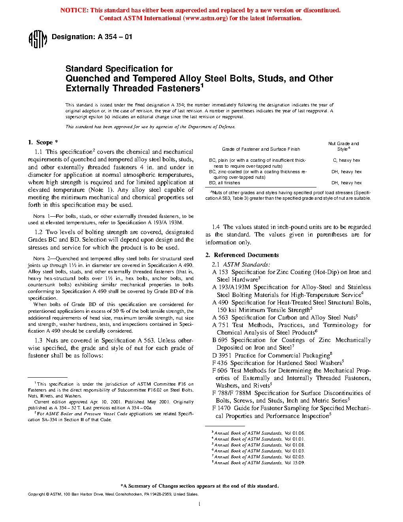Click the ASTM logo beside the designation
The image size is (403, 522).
coord(38,39)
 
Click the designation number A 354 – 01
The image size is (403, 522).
coord(115,37)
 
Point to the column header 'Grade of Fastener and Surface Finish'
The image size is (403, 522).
coord(261,149)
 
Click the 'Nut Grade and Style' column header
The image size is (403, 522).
coord(343,146)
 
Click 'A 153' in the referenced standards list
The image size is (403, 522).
coord(220,272)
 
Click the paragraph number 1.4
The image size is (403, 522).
coord(216,227)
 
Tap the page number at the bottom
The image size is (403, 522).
coord(200,504)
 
